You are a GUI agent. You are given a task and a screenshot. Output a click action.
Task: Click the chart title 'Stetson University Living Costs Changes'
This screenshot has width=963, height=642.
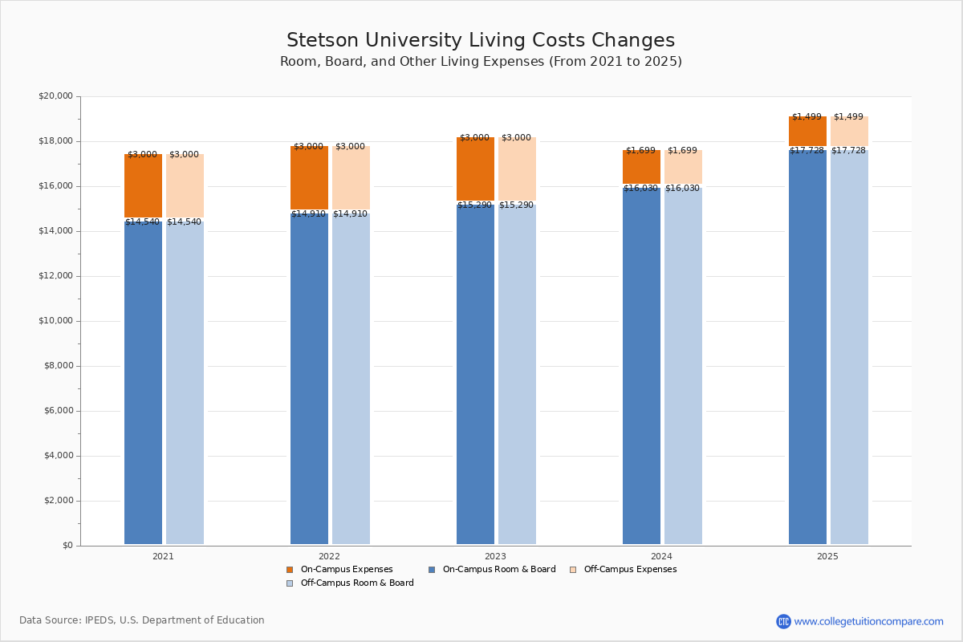click(481, 41)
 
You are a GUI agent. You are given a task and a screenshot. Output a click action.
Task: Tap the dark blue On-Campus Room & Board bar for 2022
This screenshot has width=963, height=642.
click(309, 377)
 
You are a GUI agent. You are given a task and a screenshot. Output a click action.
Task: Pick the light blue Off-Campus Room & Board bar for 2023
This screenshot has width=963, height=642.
click(517, 373)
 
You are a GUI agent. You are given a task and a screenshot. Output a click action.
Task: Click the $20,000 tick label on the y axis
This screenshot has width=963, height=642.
click(55, 96)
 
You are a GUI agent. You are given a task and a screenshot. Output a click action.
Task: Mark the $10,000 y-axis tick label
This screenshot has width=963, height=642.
click(55, 321)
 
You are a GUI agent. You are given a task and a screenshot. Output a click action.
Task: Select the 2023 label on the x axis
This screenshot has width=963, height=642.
click(495, 556)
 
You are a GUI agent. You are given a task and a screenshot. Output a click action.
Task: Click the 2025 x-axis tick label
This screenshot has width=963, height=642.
click(827, 556)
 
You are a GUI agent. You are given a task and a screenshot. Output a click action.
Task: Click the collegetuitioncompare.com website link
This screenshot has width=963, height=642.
click(868, 621)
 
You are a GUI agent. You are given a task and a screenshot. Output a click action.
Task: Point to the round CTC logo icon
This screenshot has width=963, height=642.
click(783, 621)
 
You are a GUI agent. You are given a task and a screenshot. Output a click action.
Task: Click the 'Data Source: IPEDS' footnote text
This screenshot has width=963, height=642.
click(142, 620)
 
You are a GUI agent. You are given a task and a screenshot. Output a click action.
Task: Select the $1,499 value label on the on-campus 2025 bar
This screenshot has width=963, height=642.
click(807, 117)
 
